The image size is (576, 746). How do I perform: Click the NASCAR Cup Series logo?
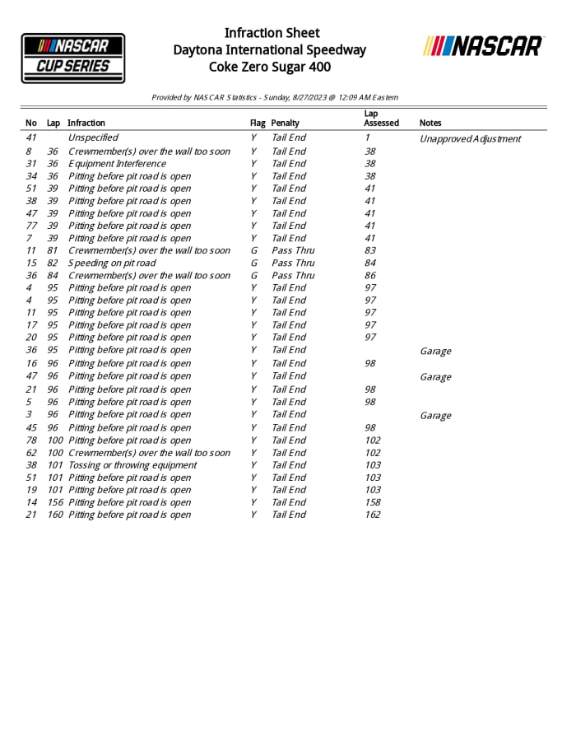73,58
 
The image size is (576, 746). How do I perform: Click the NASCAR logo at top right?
483,46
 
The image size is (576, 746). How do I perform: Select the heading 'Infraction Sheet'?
272,33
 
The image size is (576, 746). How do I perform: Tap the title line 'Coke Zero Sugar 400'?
270,67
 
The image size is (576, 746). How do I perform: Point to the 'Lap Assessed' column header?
381,118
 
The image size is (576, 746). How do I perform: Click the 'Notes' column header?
430,123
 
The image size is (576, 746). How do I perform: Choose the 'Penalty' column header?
286,123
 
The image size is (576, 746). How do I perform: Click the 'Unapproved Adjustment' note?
470,138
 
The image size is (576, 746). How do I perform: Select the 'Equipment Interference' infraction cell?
117,164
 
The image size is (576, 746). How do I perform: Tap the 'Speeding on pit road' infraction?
112,263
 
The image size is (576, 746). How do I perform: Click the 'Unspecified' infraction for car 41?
93,138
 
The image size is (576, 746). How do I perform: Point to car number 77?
31,226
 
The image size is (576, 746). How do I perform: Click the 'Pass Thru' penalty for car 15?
293,263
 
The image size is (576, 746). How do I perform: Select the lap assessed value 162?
373,515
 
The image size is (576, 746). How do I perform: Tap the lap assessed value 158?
373,502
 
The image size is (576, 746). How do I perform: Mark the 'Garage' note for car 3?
435,416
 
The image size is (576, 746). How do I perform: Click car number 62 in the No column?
31,453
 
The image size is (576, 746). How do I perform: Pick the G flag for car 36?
253,275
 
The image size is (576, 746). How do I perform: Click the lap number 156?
55,502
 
